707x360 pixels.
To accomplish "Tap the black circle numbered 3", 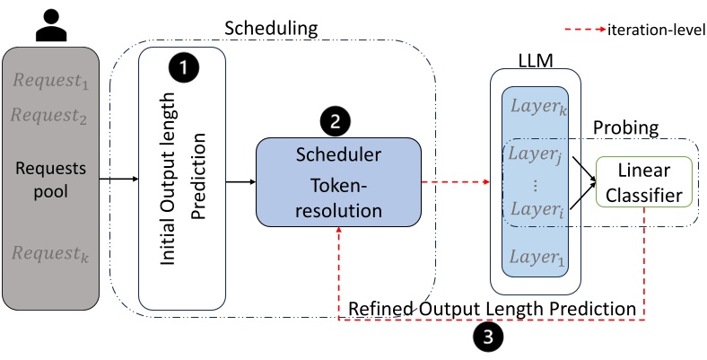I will pyautogui.click(x=489, y=337).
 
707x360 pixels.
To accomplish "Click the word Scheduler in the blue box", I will pyautogui.click(x=338, y=154).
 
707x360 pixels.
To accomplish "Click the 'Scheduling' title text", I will pyautogui.click(x=273, y=30).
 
